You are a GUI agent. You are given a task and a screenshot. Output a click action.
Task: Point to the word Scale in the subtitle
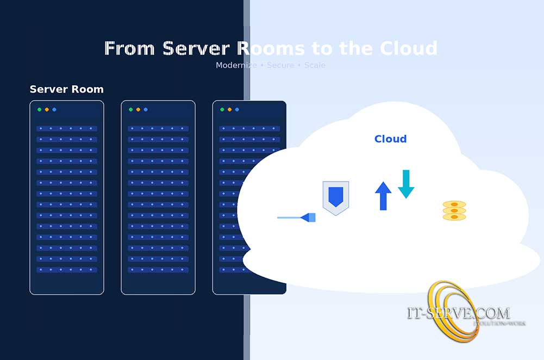click(x=315, y=65)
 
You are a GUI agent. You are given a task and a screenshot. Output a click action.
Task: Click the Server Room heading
click(x=66, y=89)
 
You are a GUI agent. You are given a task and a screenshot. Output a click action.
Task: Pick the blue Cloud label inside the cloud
click(x=390, y=139)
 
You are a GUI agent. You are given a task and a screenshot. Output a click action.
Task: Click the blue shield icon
click(x=336, y=197)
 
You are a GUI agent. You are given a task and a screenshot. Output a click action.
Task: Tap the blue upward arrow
click(x=383, y=196)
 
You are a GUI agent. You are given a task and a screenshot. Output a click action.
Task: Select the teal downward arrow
click(x=406, y=184)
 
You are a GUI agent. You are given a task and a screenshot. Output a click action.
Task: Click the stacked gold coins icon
click(x=454, y=210)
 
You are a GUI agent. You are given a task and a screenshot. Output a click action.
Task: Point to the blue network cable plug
click(x=309, y=218)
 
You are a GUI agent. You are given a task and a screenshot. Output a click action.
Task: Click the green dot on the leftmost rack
click(x=39, y=110)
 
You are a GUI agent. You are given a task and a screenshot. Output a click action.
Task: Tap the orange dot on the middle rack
click(x=138, y=110)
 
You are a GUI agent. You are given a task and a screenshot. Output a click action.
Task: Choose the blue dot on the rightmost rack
click(x=237, y=110)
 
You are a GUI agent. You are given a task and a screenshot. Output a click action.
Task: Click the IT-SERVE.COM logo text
click(x=458, y=313)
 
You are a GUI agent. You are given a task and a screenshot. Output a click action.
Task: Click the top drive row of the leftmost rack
click(x=66, y=129)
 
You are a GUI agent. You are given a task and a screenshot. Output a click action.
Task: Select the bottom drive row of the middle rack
click(x=158, y=270)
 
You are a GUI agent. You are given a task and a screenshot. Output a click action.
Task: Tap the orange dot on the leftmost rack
click(x=47, y=110)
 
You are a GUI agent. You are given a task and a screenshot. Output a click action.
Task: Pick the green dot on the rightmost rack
click(x=222, y=110)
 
